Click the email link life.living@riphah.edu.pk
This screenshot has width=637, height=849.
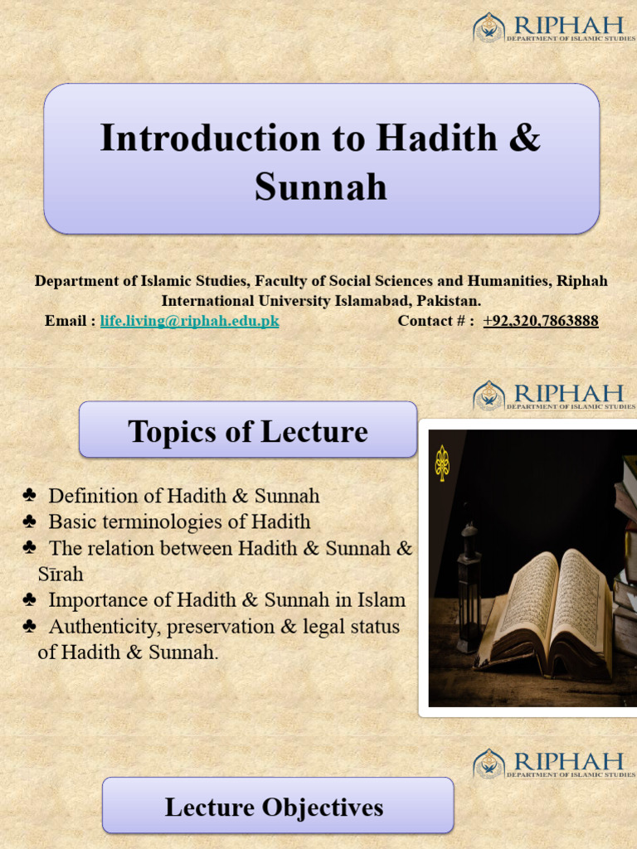point(189,321)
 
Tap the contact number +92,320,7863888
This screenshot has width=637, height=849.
point(540,321)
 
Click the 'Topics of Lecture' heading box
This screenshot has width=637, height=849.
point(247,430)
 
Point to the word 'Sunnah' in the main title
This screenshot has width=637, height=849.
point(320,187)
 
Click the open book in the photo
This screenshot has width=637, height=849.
point(548,614)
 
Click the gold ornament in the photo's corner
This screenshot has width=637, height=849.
point(442,463)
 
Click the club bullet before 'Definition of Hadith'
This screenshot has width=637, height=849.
point(30,496)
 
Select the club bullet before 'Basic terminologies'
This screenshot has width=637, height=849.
point(30,522)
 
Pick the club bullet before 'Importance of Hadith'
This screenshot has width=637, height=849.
point(30,599)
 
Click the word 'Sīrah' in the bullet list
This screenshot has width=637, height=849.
point(61,574)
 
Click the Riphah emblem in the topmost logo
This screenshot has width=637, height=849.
point(489,27)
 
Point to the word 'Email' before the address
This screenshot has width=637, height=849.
point(66,321)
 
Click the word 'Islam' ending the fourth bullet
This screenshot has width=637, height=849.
point(382,599)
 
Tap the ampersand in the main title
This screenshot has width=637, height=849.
point(523,138)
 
